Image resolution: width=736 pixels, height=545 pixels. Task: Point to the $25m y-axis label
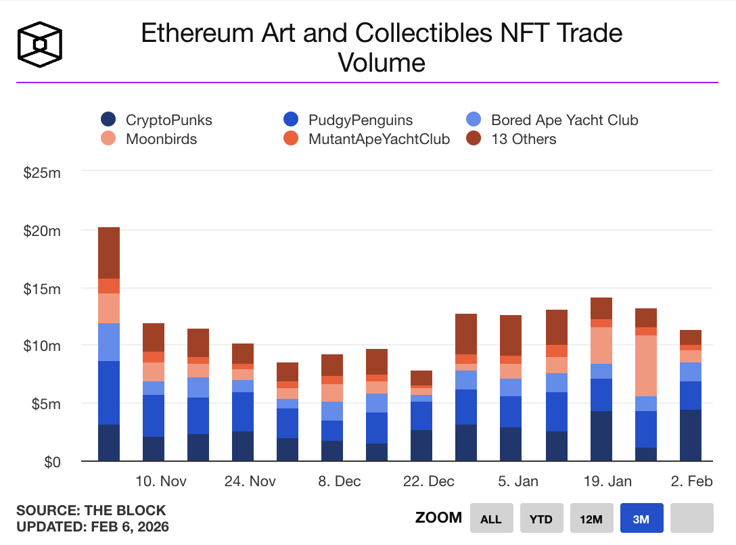pyautogui.click(x=42, y=173)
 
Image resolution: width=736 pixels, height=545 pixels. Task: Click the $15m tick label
pyautogui.click(x=42, y=289)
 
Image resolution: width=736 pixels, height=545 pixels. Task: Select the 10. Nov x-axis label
pyautogui.click(x=161, y=481)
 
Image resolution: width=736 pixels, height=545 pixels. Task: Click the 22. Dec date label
pyautogui.click(x=429, y=481)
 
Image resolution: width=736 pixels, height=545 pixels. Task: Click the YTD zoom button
pyautogui.click(x=541, y=519)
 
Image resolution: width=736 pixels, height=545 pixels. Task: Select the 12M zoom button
pyautogui.click(x=591, y=519)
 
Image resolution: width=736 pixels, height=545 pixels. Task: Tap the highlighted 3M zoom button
pyautogui.click(x=641, y=519)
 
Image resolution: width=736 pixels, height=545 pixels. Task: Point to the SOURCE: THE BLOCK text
pyautogui.click(x=91, y=511)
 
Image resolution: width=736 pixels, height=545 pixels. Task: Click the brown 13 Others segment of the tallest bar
pyautogui.click(x=109, y=253)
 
